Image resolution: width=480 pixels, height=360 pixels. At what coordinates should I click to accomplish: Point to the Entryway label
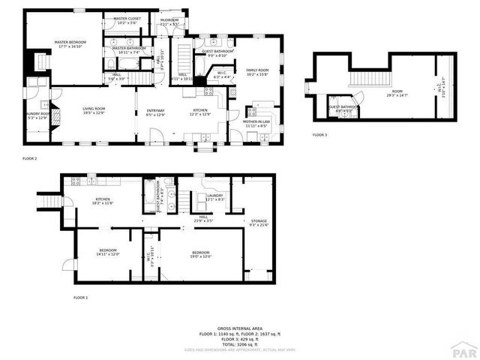click(156, 112)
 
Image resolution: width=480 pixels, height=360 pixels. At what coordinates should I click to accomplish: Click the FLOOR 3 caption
click(320, 135)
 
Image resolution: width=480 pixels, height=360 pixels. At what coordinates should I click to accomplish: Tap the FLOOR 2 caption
click(30, 158)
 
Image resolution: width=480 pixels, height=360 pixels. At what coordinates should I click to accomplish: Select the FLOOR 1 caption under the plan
click(80, 298)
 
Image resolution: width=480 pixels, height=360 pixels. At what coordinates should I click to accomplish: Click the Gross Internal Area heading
click(239, 328)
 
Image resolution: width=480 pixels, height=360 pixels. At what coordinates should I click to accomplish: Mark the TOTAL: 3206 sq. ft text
click(239, 343)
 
